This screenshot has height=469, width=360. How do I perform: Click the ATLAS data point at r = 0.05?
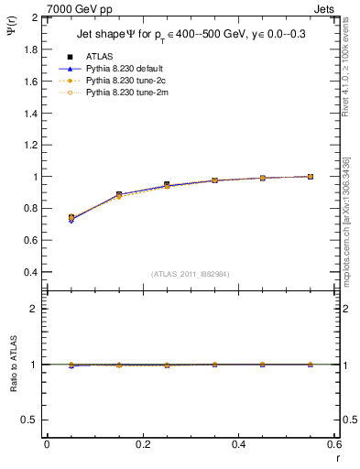click(x=71, y=217)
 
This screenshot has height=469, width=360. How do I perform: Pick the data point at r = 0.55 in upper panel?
click(x=311, y=176)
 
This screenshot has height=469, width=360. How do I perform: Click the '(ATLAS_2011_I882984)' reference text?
click(x=190, y=272)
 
